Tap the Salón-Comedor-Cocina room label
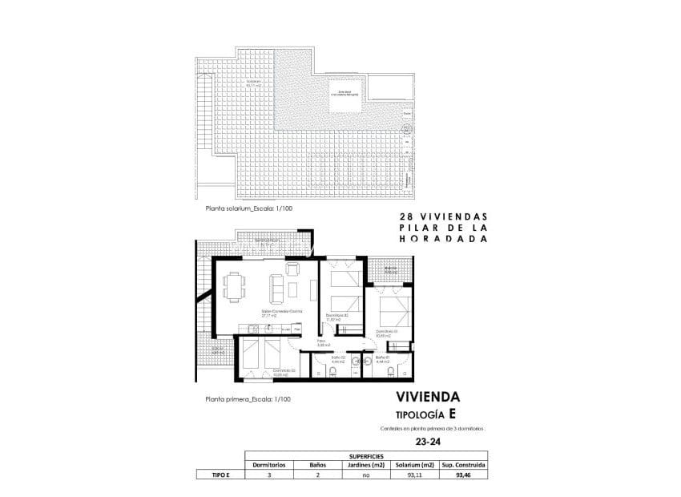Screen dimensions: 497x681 [x=275, y=313]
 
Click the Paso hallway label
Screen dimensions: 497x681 [x=320, y=342]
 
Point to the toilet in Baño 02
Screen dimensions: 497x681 [x=333, y=371]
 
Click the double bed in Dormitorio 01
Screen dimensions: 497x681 [x=389, y=309]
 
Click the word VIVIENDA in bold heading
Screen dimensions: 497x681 [x=428, y=397]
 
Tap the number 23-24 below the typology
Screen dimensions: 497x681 [x=427, y=440]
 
